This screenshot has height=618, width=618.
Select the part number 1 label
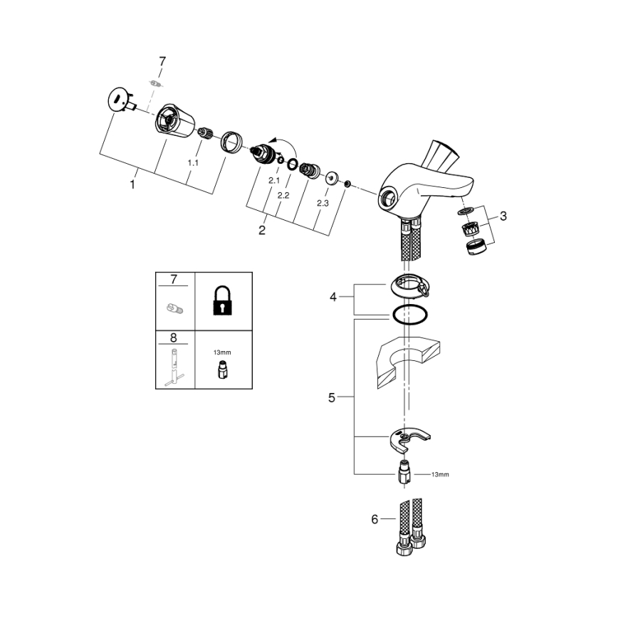click(132, 184)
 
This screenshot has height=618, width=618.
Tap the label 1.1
click(192, 163)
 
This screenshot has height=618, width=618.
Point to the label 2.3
click(323, 203)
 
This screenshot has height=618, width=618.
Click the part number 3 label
click(503, 216)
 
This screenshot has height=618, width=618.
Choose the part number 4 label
click(332, 297)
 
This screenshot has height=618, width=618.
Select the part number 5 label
click(331, 398)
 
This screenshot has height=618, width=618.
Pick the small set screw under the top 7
click(157, 83)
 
